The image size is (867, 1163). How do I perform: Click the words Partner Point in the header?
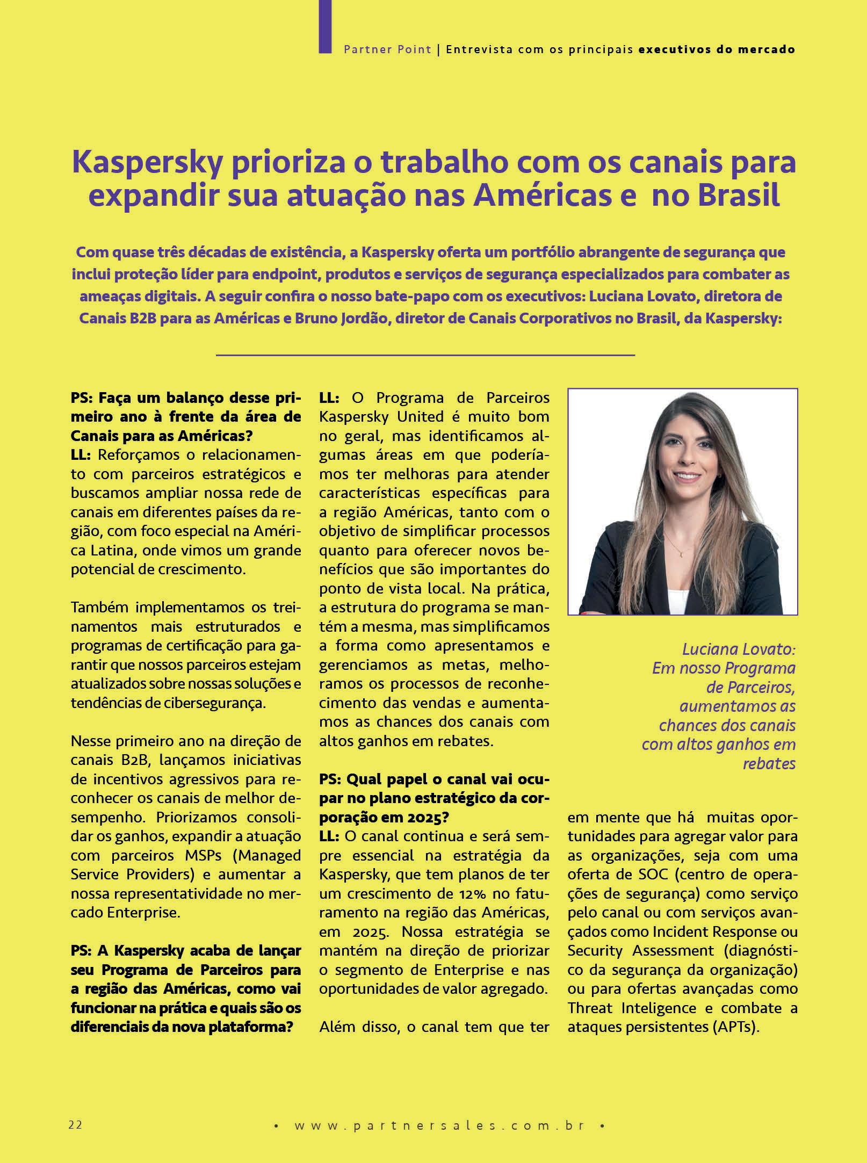coord(387,49)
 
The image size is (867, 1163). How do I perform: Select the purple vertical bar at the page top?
coord(325,26)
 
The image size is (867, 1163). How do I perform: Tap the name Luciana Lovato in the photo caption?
coord(739,649)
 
